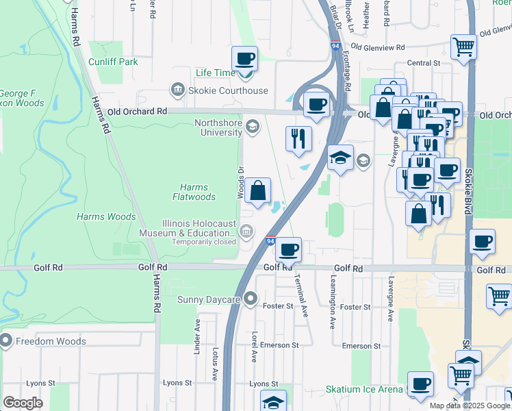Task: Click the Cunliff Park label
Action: tap(113, 62)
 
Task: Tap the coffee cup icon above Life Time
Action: tap(244, 59)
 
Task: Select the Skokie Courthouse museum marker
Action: tap(177, 90)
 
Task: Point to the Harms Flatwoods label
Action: tap(197, 192)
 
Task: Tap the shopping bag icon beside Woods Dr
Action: tap(258, 191)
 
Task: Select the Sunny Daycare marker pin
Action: tap(251, 299)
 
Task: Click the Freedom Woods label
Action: tap(52, 341)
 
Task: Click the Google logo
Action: tap(23, 403)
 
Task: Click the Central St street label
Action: tap(423, 63)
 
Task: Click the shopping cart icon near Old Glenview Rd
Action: tap(463, 47)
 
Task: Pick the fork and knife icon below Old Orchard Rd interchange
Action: tap(298, 138)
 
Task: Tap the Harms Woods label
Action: tap(106, 216)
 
